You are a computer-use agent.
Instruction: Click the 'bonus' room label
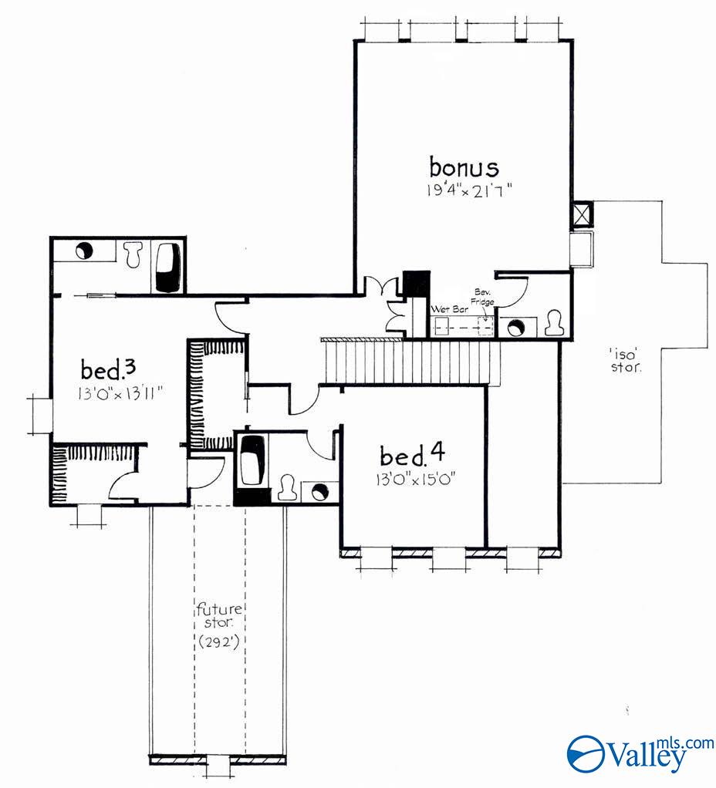pos(464,167)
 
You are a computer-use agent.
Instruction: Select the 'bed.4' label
pos(405,453)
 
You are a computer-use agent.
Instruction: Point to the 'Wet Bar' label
pos(445,310)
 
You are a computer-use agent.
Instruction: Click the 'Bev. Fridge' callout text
pos(484,298)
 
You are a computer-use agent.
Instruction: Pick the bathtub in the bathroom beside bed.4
pos(252,461)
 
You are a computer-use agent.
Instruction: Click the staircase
pos(413,362)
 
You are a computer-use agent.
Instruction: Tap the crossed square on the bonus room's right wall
pos(580,214)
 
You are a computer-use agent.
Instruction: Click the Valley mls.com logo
pos(640,752)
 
